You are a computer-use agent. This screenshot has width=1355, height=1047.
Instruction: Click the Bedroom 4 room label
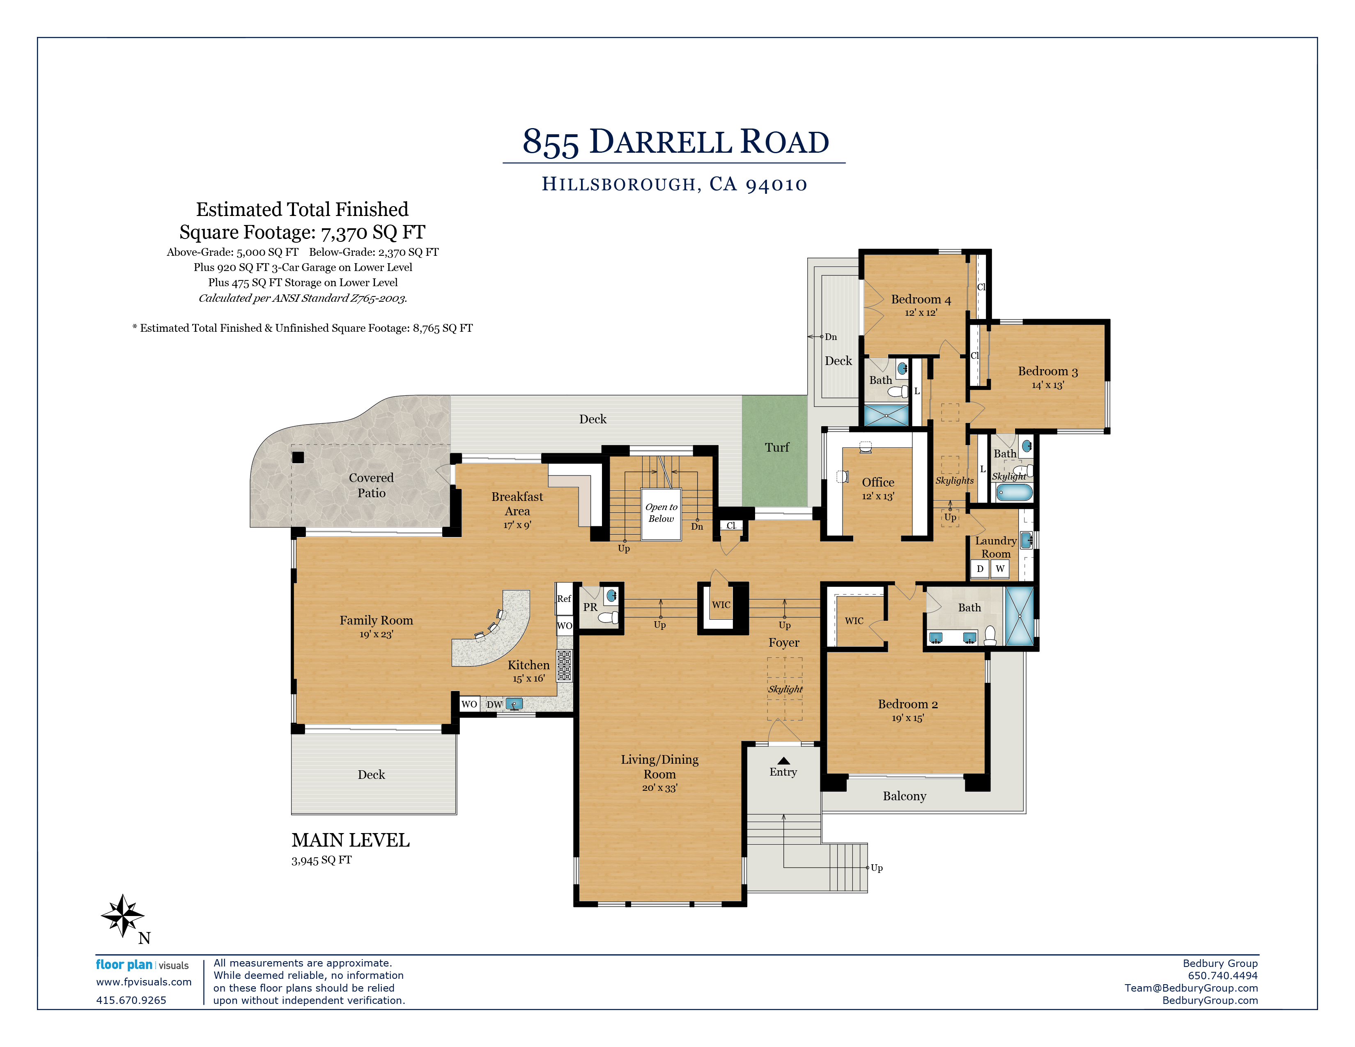click(921, 300)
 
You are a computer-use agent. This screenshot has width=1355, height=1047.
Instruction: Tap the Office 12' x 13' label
click(878, 488)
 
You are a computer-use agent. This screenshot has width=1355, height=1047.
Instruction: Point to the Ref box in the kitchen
click(564, 599)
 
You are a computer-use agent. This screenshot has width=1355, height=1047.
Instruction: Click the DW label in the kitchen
click(494, 705)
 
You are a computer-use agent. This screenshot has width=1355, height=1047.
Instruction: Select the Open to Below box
click(661, 514)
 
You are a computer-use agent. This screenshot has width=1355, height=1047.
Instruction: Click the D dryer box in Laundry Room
click(980, 569)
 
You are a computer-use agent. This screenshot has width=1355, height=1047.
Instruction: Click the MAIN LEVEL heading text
click(351, 840)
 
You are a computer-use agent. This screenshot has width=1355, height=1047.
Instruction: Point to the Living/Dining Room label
click(659, 767)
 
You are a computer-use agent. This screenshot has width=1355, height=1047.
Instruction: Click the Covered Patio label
click(371, 485)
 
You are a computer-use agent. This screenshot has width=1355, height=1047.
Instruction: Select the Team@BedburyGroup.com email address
click(1191, 988)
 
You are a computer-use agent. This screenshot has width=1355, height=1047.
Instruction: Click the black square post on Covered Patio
click(298, 457)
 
